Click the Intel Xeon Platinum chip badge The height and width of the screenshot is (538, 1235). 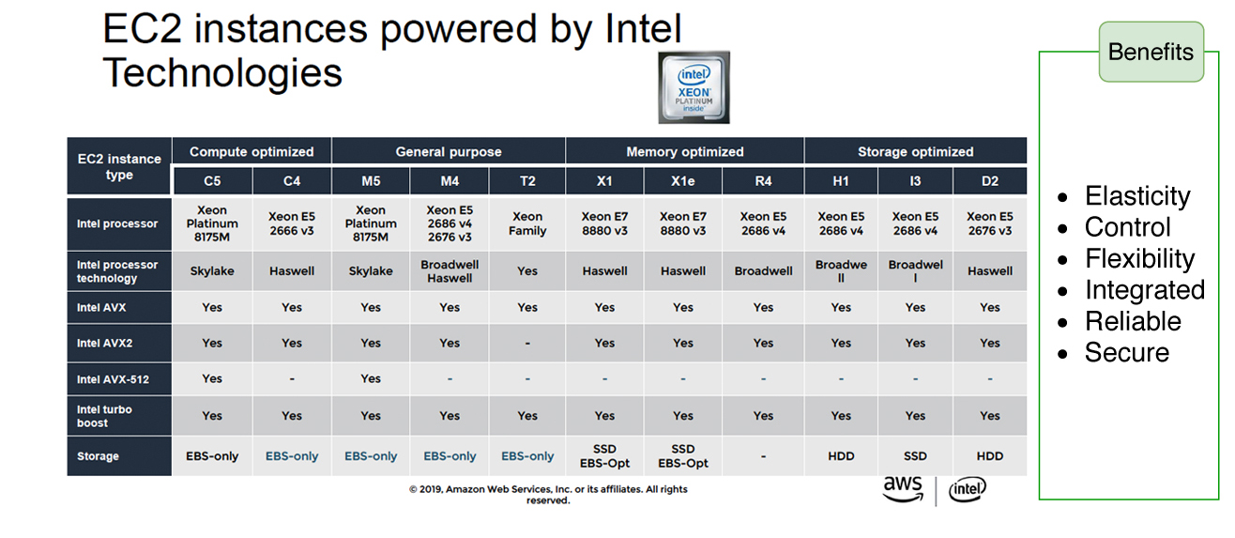tap(694, 87)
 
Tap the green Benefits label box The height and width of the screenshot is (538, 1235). tap(1151, 52)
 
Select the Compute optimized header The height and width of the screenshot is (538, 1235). tap(252, 151)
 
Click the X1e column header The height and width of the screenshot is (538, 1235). tap(682, 181)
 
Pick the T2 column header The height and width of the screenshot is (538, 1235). tap(527, 181)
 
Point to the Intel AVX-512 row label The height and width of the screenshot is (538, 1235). tap(113, 379)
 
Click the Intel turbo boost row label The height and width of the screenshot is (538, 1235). tap(105, 416)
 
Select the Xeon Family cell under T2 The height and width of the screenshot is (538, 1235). tap(527, 223)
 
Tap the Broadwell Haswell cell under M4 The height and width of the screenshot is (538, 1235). tap(450, 271)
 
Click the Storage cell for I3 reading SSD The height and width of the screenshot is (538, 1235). tap(915, 456)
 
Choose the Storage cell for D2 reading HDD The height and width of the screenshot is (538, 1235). tap(990, 456)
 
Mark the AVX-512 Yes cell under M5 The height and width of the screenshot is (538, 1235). tap(371, 379)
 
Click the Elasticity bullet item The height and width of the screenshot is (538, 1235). tap(1137, 196)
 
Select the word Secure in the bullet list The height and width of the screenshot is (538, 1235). tap(1127, 353)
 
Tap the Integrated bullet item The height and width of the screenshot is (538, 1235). tap(1144, 290)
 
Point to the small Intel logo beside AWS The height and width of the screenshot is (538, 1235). tap(968, 489)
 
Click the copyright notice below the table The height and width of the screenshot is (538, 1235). tap(548, 495)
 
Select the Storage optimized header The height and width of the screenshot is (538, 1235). tap(915, 151)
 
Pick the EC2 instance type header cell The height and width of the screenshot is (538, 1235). tap(119, 166)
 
